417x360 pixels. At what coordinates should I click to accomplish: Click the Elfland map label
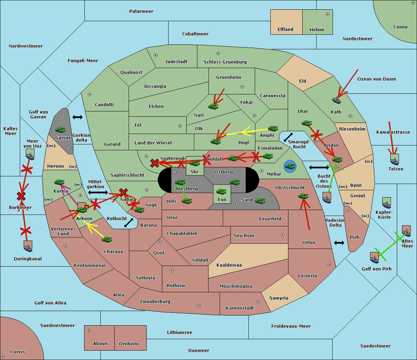point(285,30)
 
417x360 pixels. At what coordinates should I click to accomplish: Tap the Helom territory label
point(317,30)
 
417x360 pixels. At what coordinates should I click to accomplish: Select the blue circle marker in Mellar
point(290,166)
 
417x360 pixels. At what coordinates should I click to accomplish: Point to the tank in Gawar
point(60,130)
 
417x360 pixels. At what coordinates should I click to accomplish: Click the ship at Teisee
point(394,159)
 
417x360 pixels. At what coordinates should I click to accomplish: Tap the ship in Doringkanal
point(28,246)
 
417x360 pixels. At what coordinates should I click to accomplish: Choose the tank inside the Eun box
point(221,191)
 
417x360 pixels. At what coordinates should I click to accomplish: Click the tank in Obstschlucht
point(303,196)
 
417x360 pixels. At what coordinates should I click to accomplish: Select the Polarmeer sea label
point(141,11)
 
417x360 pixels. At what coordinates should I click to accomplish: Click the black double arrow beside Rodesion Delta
point(339,243)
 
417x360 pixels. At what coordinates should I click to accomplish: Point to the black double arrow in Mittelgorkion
point(98,192)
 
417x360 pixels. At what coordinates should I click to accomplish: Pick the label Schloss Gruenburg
point(225,62)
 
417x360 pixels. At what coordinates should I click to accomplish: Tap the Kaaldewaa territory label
point(229,265)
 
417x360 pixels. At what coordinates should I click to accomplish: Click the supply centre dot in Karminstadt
point(258,302)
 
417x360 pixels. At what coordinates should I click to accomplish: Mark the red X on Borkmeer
point(21,196)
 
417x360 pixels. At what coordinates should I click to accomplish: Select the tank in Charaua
point(107,239)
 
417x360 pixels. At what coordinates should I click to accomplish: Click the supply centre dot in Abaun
point(89,330)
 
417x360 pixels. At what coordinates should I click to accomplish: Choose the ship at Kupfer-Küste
point(386,203)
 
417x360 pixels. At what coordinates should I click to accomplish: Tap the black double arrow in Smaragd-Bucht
point(288,137)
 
